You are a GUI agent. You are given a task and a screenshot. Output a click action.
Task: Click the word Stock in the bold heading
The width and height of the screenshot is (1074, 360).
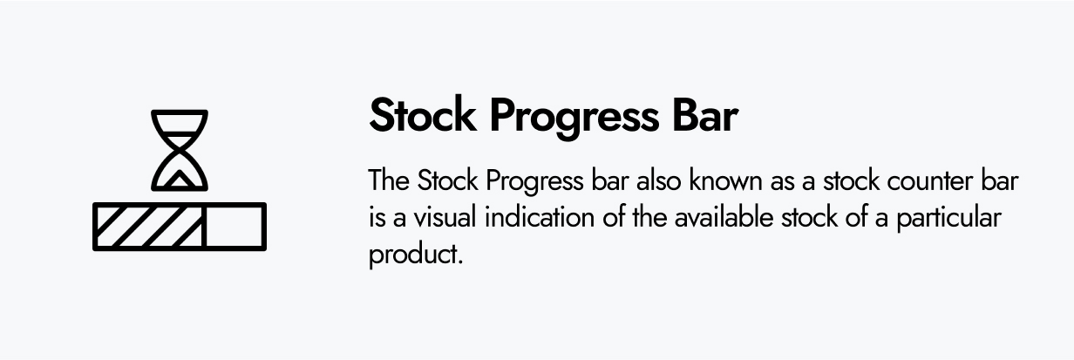tap(423, 114)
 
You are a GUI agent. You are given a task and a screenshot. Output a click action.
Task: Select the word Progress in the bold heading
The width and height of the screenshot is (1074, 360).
tap(574, 119)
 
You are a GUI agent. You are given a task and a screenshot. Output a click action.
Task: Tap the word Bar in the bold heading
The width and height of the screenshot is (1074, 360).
tap(705, 114)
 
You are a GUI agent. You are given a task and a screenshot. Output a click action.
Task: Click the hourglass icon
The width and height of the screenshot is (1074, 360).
tap(180, 150)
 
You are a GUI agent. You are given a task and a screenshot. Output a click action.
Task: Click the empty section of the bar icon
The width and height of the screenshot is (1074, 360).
tap(235, 227)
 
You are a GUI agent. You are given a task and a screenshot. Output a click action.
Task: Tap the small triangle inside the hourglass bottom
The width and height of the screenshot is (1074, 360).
tap(179, 180)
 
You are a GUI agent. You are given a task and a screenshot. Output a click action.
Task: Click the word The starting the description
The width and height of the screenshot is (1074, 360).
tap(389, 180)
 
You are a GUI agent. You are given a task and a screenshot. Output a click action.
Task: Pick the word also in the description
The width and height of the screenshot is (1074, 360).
tap(658, 180)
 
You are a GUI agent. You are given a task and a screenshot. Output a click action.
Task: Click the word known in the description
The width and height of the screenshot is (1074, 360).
tap(727, 180)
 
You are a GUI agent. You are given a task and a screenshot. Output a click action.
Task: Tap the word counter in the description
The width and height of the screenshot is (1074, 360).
tap(929, 181)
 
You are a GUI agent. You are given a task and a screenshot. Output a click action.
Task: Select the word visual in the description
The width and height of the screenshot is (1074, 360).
tap(445, 217)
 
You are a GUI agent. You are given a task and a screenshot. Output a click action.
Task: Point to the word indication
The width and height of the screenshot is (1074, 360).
tap(540, 217)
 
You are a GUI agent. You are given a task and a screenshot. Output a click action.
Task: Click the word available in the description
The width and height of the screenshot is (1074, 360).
tap(724, 217)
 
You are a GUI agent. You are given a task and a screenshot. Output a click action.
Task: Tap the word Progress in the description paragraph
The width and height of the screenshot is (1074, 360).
tap(534, 182)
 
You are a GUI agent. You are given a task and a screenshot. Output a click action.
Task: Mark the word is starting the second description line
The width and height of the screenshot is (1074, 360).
tap(377, 217)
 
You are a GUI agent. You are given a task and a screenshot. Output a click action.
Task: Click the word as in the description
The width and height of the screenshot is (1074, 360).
tap(783, 182)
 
